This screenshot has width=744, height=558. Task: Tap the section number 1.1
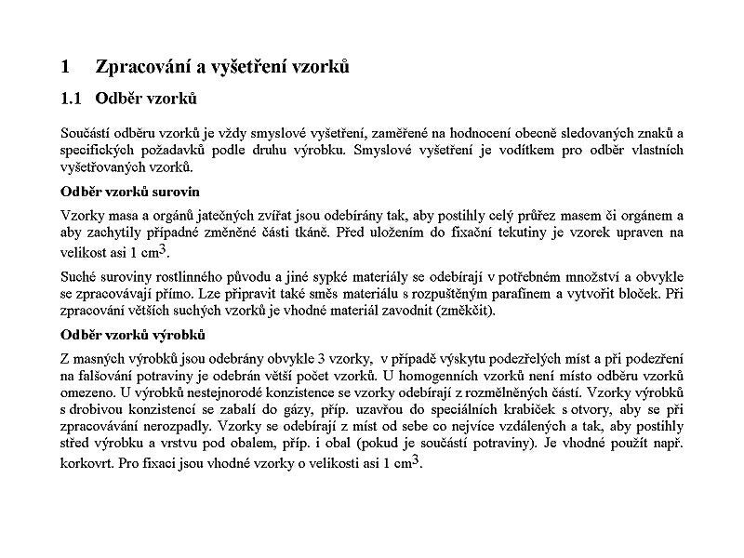point(72,98)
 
